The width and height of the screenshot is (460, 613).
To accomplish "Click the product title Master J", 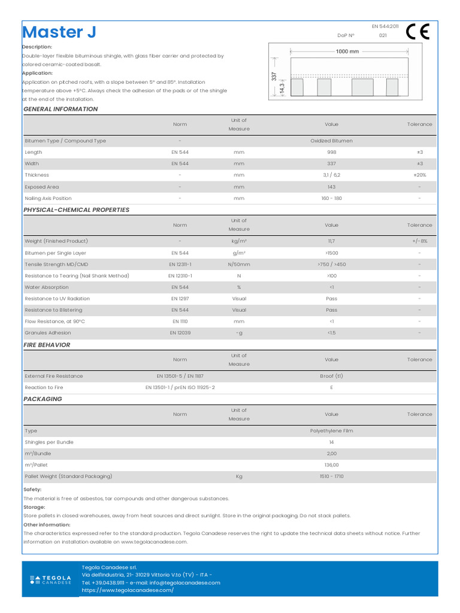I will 59,32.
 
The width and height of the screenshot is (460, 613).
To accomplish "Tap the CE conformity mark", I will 417,32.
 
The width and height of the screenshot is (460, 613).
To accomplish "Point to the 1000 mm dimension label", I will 347,51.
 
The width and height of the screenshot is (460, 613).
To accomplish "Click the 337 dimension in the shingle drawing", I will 274,77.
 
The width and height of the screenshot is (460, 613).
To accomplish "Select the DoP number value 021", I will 383,36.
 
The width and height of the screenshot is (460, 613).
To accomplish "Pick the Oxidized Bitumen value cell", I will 331,141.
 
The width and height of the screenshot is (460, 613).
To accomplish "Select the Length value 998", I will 331,152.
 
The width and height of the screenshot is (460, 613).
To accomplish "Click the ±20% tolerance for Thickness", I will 419,175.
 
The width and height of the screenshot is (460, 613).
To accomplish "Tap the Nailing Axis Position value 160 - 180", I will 331,198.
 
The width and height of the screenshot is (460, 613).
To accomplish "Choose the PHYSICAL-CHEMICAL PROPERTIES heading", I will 76,210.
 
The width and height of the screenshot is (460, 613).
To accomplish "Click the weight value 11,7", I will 331,241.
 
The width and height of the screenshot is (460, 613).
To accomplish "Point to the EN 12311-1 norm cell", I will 180,265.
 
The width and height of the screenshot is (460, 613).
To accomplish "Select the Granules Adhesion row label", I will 48,333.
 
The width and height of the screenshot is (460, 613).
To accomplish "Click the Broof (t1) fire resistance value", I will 331,377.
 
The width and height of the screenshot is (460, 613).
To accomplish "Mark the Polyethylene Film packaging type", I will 331,431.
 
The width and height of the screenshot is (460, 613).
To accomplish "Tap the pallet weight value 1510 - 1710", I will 331,477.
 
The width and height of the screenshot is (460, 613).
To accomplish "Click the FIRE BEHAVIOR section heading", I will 47,345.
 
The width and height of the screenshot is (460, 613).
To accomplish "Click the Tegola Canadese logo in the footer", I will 50,579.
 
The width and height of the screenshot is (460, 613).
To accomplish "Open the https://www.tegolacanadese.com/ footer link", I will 128,590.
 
